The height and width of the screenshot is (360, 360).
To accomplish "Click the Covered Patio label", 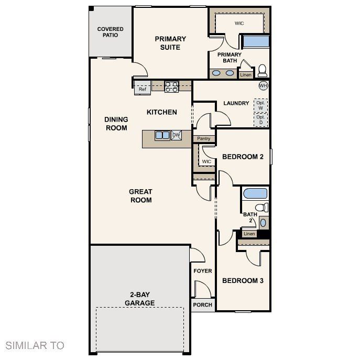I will tap(111, 32).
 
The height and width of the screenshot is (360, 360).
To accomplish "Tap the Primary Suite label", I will tap(170, 43).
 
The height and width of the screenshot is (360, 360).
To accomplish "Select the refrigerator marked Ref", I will tap(142, 89).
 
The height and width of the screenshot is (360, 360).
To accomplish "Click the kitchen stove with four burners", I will tap(171, 87).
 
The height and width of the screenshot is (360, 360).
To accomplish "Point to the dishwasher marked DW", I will tap(177, 135).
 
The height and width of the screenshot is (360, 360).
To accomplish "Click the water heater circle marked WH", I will tap(263, 85).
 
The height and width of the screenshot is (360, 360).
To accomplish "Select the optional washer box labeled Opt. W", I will tap(260, 105).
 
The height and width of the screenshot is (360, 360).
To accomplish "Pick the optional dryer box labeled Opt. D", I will tap(260, 120).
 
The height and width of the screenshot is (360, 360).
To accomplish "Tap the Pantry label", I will tap(204, 139).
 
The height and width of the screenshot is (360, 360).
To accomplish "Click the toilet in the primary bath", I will tap(262, 71).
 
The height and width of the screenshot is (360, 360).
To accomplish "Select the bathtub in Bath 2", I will tap(255, 193).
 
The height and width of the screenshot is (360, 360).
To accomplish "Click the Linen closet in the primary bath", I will tap(246, 75).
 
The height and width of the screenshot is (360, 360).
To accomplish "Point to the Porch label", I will tap(203, 305).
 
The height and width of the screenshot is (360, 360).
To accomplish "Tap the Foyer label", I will tap(203, 271).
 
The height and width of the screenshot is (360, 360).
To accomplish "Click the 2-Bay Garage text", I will tap(139, 299).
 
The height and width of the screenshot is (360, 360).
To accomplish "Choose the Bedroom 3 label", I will tap(243, 281).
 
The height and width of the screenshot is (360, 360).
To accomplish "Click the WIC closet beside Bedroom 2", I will tap(206, 161).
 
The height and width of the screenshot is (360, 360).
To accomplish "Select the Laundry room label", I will tap(236, 103).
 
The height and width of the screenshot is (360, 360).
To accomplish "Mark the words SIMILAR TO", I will tap(35, 345).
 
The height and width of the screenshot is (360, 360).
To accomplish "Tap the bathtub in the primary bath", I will tap(255, 41).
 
